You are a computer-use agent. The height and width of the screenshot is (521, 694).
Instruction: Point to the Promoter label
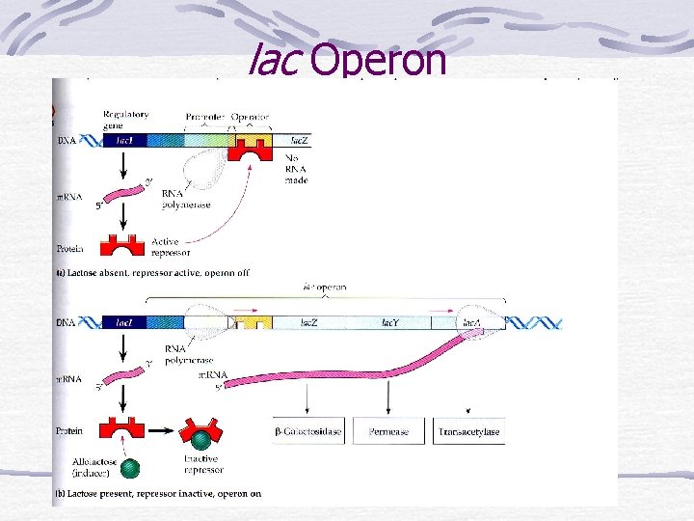202,117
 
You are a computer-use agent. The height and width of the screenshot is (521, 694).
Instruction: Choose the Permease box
387,431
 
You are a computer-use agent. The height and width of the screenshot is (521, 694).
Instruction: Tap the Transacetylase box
469,431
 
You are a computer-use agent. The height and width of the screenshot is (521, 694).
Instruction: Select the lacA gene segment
472,322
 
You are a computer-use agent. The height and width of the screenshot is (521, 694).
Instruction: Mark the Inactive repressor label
203,464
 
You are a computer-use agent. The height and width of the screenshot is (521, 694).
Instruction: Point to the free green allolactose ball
131,468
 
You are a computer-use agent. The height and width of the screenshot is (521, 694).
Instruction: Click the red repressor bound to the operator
254,149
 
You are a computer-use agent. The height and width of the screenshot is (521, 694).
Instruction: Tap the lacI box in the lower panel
123,322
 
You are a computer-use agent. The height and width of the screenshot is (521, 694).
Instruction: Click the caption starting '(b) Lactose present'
158,494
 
